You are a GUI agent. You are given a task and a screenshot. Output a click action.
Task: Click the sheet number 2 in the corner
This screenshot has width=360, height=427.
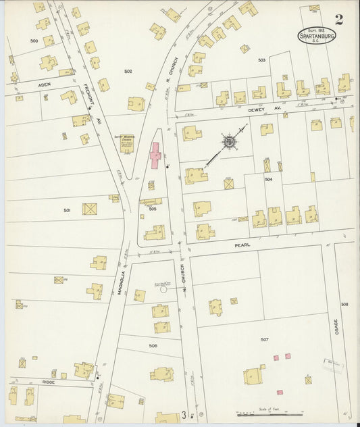(338, 19)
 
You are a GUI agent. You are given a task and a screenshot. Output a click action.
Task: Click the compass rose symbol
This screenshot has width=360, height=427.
(230, 142)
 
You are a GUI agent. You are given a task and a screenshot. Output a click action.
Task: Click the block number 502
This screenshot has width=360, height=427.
(128, 71)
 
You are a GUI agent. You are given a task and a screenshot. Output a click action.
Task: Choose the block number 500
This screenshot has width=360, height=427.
(34, 41)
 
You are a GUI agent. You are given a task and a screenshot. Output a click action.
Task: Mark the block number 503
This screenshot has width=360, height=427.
(261, 60)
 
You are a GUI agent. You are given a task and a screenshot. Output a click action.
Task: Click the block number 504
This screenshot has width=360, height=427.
(268, 180)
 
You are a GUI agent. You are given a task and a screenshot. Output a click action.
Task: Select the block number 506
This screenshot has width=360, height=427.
(153, 345)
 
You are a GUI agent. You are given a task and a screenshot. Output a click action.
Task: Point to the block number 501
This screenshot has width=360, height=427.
(67, 210)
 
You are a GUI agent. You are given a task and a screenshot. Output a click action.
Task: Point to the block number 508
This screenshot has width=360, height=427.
(344, 305)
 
